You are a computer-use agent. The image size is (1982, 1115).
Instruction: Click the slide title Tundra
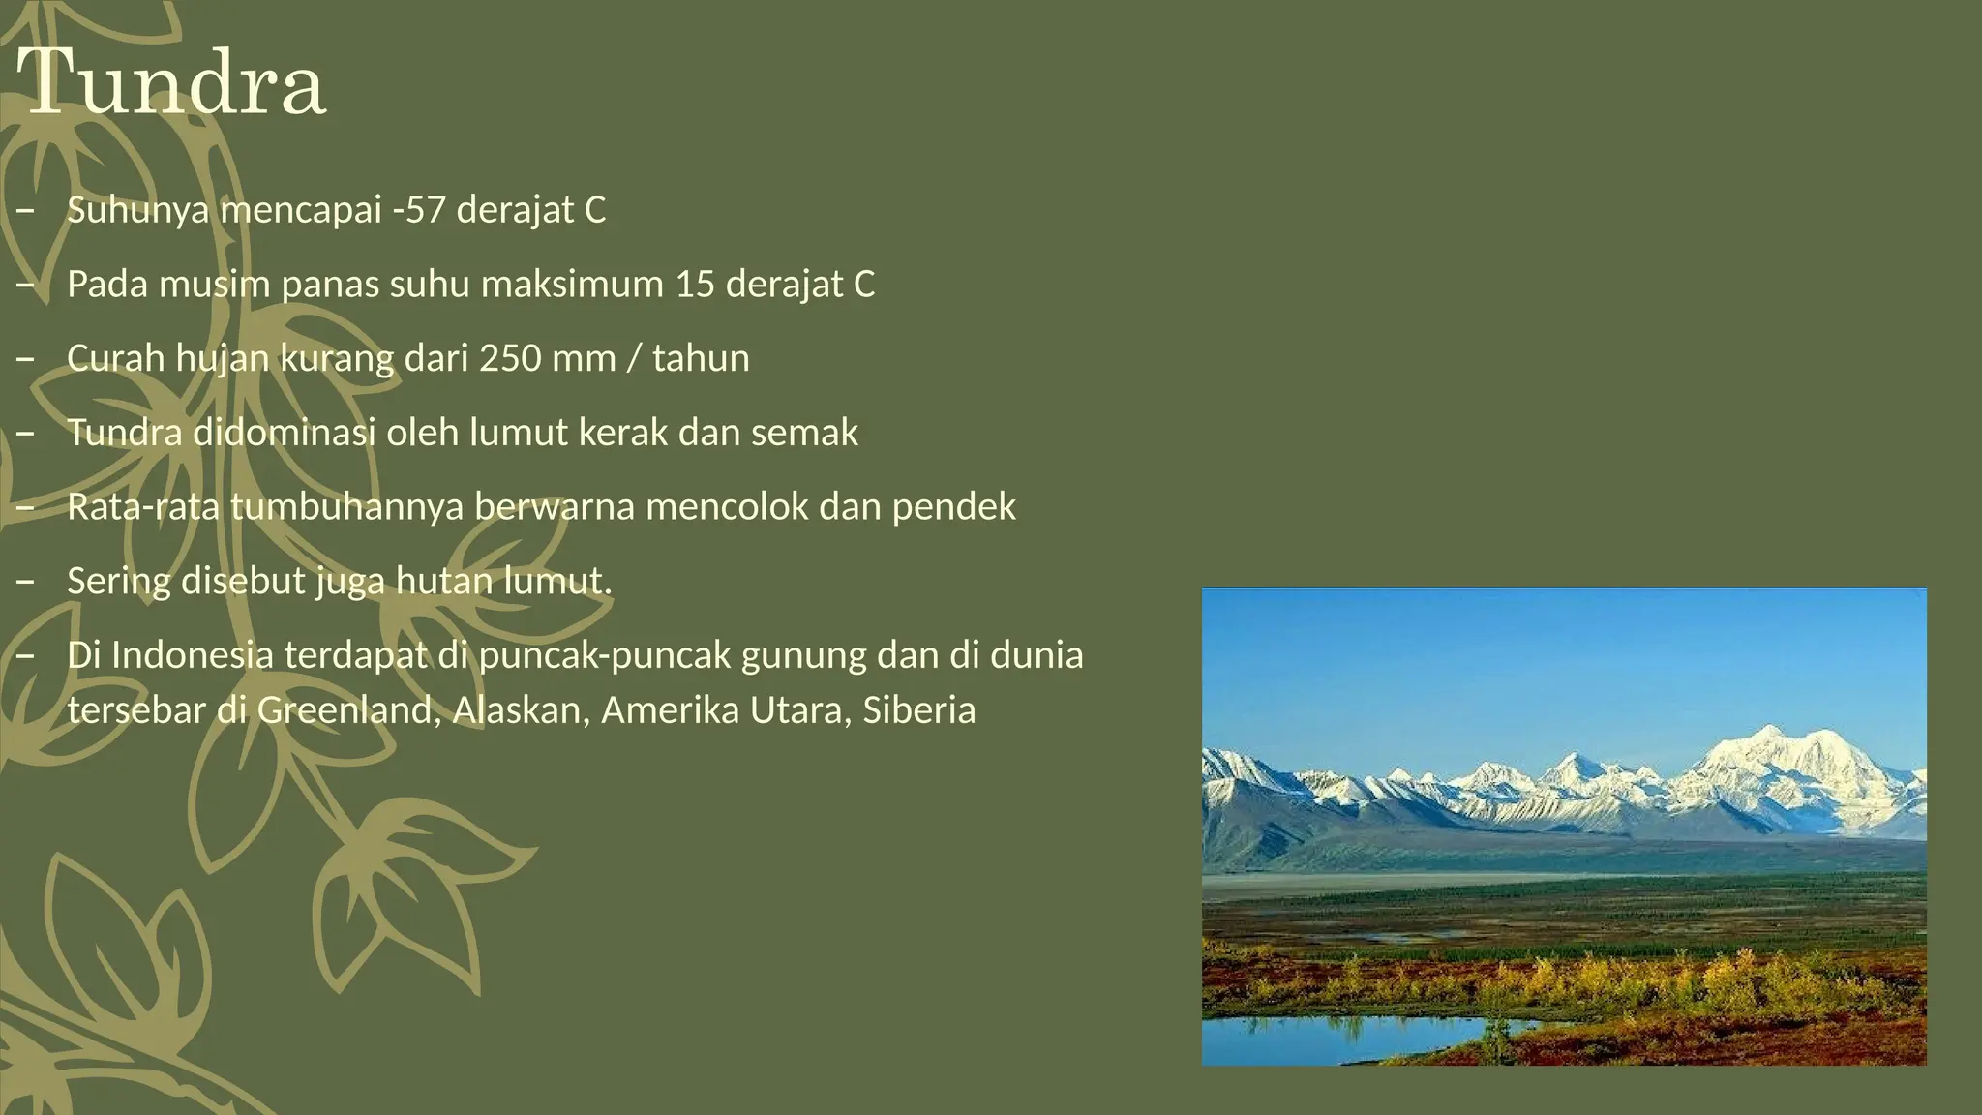tap(172, 83)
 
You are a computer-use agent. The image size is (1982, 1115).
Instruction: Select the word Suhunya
tap(137, 210)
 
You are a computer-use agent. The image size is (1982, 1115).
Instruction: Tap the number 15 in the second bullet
tap(694, 285)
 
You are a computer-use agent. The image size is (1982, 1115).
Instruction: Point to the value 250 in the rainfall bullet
tap(510, 358)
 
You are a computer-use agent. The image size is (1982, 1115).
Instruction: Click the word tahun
tap(701, 358)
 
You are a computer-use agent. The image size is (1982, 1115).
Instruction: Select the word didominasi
tap(284, 433)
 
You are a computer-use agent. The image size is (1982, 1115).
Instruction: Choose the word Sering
tap(118, 582)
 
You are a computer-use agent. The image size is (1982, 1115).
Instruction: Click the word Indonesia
tap(193, 655)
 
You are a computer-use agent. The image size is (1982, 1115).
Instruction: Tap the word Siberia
tap(918, 710)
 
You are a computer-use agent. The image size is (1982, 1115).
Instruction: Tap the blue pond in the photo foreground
tap(1355, 1036)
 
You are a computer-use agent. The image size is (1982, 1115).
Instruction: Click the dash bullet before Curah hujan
tap(25, 359)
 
